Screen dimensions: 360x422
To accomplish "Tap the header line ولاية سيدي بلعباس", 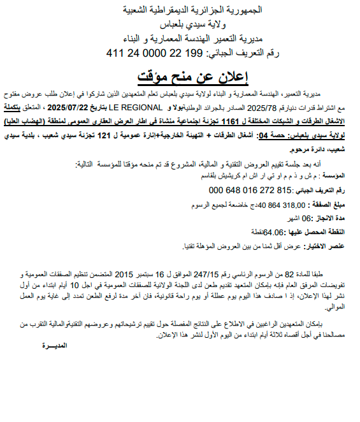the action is tap(180, 25).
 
